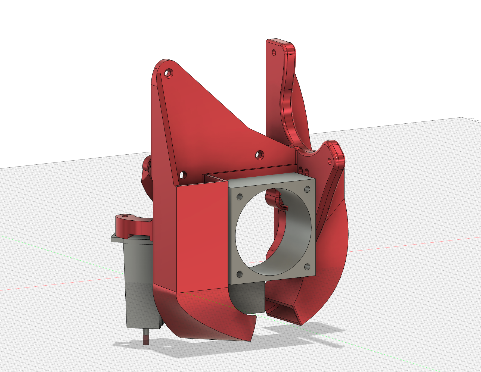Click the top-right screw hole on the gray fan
pos(307,189)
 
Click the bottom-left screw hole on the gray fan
pos(240,274)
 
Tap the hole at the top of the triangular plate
pos(169,73)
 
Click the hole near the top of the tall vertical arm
pos(274,52)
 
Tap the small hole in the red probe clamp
pos(125,216)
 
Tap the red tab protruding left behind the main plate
pos(147,174)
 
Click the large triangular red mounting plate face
pos(207,125)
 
